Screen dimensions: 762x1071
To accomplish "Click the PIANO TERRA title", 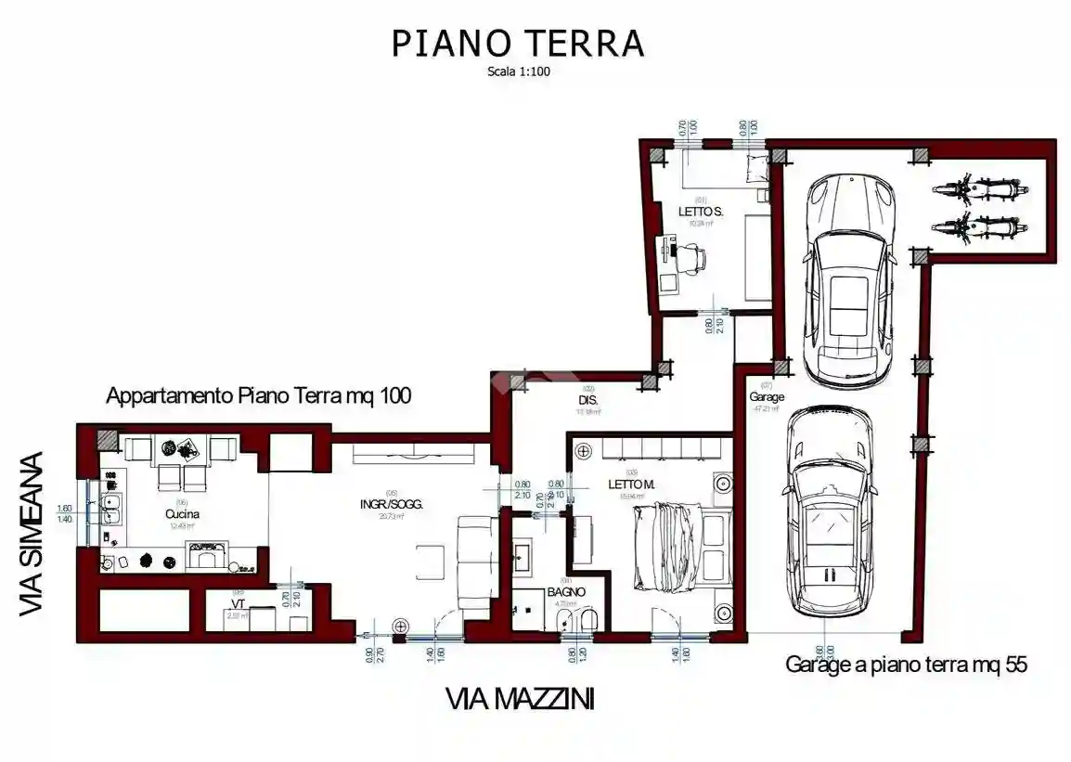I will [x=517, y=43].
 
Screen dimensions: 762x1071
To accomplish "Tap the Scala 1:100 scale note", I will [x=519, y=71].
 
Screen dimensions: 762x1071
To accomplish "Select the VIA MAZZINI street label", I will [x=520, y=699].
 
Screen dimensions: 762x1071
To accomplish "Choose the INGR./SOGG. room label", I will [x=391, y=504].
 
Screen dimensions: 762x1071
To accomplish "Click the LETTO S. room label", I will [x=700, y=212].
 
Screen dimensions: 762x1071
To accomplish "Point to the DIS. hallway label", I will [x=587, y=401].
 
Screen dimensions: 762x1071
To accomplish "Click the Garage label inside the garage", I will [x=767, y=396].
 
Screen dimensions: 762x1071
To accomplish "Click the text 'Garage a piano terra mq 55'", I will [x=906, y=665].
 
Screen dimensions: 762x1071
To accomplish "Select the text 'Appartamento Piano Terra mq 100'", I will [x=259, y=395].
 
